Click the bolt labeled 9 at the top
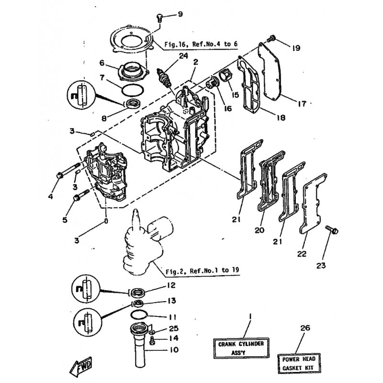coord(159,18)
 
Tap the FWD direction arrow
coord(81,366)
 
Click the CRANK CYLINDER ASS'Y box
coord(241,348)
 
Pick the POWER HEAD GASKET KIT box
coord(299,363)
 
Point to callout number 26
coord(305,328)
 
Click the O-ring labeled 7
coord(133,90)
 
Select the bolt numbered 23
coord(332,230)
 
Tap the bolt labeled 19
coord(271,39)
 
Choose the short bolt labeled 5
coord(81,195)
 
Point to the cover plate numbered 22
coord(313,203)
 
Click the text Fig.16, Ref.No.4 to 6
coord(201,44)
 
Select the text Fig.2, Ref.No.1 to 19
coord(202,271)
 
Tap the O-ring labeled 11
coord(138,315)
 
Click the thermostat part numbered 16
coord(211,83)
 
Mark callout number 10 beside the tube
coord(174,350)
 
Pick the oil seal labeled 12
coord(137,293)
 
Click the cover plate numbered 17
coord(270,71)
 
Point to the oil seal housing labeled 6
coord(134,71)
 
